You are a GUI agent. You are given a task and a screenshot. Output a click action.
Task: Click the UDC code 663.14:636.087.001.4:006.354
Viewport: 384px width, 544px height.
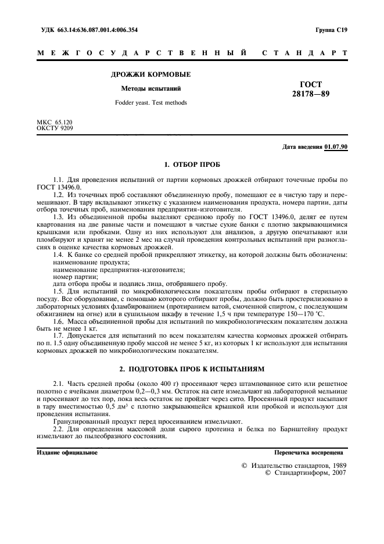coord(105,29)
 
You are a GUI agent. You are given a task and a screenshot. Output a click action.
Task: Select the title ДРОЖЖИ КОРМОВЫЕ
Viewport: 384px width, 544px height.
coord(151,74)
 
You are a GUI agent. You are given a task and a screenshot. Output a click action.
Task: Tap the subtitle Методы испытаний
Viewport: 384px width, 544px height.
coord(150,89)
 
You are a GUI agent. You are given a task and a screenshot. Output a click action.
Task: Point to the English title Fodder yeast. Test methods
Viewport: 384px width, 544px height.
coord(150,103)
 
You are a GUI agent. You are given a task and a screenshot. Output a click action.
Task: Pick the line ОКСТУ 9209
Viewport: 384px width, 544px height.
coord(55,127)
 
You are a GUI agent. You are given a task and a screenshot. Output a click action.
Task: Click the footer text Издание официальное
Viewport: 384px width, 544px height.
coord(67,451)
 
